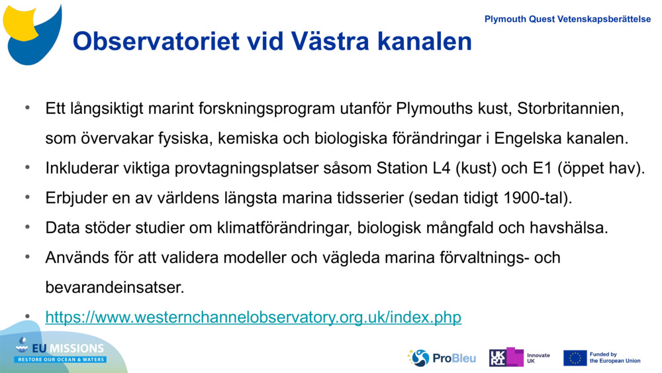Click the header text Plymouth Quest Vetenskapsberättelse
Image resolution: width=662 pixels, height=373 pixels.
click(567, 19)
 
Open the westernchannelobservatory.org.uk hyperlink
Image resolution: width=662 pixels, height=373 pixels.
click(253, 317)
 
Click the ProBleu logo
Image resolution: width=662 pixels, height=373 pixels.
click(442, 358)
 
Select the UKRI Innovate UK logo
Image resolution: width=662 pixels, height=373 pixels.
click(520, 358)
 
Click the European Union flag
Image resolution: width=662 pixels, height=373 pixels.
click(575, 358)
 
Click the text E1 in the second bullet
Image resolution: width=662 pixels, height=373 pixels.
click(542, 168)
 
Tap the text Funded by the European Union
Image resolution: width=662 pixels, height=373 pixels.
click(615, 358)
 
